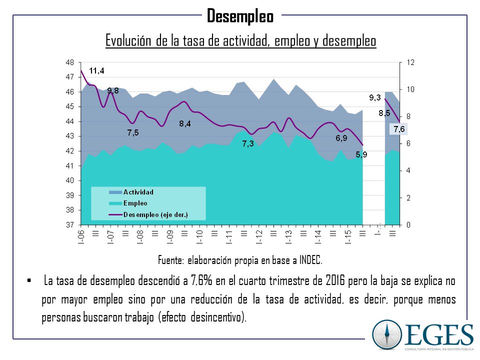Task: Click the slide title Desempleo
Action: (240, 16)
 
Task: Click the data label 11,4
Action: (97, 71)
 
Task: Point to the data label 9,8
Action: (113, 90)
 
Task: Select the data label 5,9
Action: (361, 154)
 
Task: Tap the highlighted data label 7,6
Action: (399, 129)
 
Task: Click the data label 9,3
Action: (375, 98)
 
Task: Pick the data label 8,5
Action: (384, 113)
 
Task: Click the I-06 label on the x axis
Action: (81, 236)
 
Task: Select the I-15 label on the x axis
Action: (348, 236)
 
